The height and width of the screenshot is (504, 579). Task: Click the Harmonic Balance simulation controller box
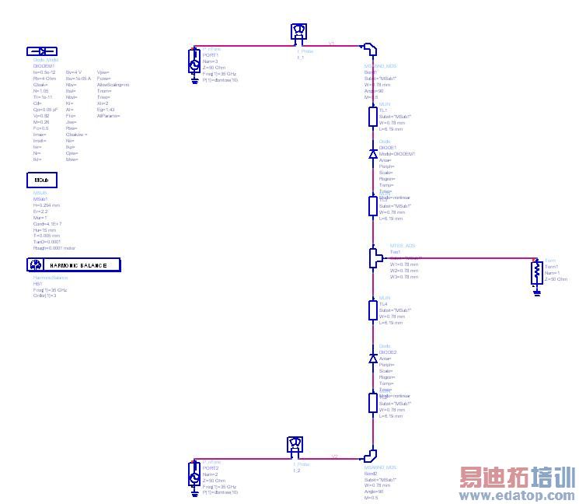[x=74, y=265]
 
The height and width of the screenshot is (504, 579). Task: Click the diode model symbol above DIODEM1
[x=42, y=51]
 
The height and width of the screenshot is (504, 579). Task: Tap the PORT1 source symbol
[x=194, y=61]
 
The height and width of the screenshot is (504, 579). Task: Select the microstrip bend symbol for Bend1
[x=371, y=49]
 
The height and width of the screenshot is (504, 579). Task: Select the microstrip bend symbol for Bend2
[x=371, y=455]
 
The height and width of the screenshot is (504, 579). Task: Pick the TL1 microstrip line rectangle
[x=372, y=117]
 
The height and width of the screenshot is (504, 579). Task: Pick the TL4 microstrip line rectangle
[x=372, y=310]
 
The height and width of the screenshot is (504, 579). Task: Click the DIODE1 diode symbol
[x=372, y=154]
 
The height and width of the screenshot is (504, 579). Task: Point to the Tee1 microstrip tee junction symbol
[x=372, y=257]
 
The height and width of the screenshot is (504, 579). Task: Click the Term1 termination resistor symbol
[x=535, y=272]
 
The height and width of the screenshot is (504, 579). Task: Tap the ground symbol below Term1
[x=535, y=292]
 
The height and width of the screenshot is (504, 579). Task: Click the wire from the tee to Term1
[x=459, y=257]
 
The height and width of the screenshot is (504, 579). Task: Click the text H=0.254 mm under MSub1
[x=47, y=205]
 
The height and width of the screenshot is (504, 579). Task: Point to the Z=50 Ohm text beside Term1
[x=556, y=279]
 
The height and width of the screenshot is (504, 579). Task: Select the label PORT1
[x=211, y=55]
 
